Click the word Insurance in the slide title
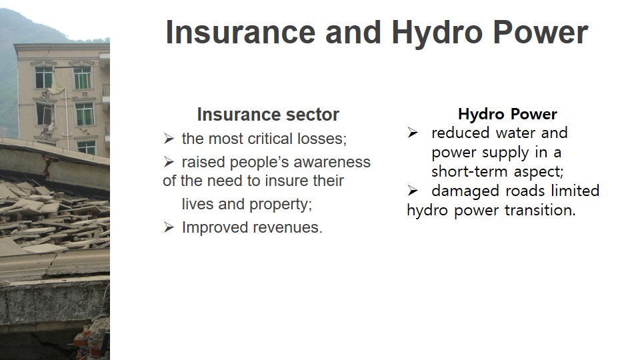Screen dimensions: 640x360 [x=241, y=32]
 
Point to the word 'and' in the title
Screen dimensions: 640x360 [x=353, y=32]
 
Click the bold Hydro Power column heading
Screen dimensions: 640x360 [x=507, y=114]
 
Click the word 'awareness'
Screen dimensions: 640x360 [x=332, y=162]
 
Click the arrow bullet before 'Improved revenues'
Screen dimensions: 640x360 [x=169, y=227]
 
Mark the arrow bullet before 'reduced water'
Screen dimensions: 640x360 [x=413, y=133]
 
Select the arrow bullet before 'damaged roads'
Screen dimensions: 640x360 [x=413, y=191]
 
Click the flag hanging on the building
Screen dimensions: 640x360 [x=56, y=89]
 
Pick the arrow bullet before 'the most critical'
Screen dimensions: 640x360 [x=169, y=139]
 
